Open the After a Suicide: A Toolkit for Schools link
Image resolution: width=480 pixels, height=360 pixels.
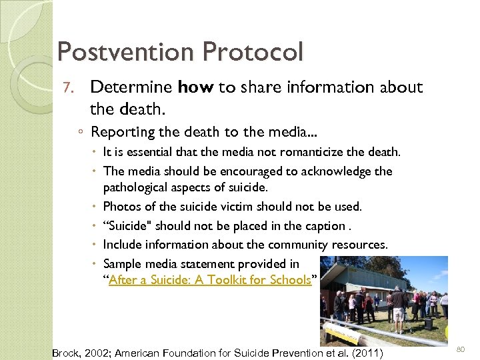(209, 280)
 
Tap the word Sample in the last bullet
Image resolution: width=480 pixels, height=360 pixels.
(122, 263)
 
